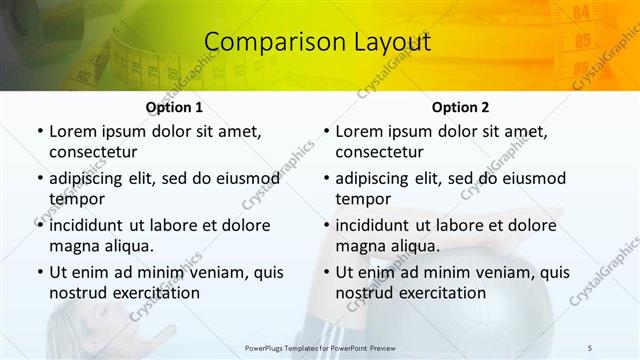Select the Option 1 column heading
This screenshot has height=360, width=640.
pos(174,107)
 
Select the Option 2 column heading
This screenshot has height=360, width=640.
pos(460,107)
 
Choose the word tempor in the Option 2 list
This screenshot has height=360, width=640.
pos(362,198)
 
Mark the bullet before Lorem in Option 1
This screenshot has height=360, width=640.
pos(39,131)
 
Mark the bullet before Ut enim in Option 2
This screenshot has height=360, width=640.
pos(325,272)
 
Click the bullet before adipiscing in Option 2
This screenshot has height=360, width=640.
pos(325,178)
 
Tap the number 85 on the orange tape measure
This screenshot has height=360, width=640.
pos(583,41)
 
